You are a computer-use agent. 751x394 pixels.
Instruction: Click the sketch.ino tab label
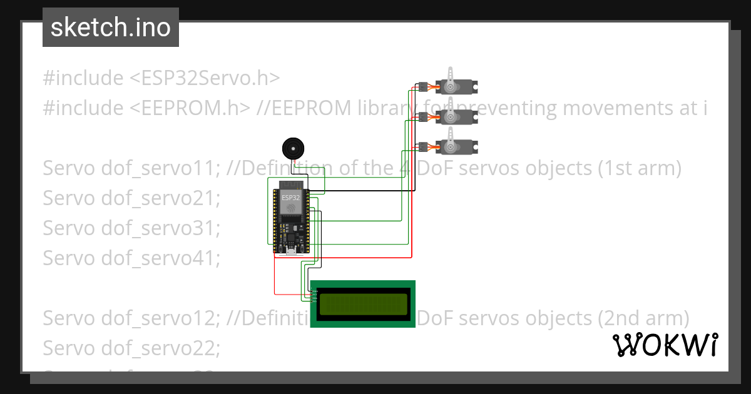(111, 28)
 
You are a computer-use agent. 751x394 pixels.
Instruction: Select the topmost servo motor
(455, 85)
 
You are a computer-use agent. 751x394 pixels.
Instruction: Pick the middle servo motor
(455, 116)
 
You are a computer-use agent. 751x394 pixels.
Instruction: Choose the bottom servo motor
(455, 146)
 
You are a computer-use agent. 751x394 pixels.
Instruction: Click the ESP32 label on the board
(290, 198)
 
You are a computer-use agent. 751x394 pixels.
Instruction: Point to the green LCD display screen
(363, 304)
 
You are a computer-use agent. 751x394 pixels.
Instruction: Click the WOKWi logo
(665, 345)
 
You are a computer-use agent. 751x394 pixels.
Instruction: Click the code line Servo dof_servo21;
(131, 198)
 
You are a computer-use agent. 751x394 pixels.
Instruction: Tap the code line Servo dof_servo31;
(131, 228)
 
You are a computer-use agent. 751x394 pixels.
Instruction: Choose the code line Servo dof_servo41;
(131, 258)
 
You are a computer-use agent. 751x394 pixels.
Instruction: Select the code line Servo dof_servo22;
(131, 348)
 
